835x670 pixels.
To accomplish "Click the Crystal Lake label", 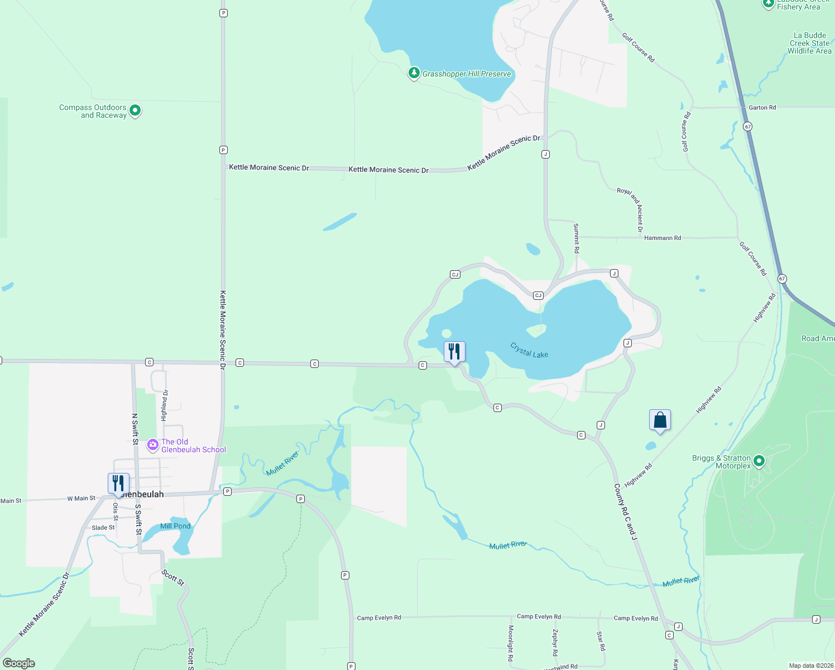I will [529, 351].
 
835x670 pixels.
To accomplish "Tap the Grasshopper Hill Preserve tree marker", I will [414, 73].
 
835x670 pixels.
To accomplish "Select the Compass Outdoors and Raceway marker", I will [135, 111].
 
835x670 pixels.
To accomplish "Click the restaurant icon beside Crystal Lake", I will [454, 352].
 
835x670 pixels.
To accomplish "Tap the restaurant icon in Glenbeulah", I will [118, 483].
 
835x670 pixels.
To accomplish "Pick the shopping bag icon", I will [660, 420].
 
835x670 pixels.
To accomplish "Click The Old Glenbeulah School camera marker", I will [152, 445].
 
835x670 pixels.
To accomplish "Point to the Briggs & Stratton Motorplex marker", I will [759, 461].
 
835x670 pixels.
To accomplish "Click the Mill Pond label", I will [175, 526].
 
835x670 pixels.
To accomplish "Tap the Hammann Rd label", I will [663, 238].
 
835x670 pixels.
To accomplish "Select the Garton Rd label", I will [762, 107].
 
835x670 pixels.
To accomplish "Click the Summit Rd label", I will [577, 238].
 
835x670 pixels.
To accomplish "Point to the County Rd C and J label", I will [626, 511].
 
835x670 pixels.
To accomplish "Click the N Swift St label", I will [135, 429].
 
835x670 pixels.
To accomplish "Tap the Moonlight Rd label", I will [510, 643].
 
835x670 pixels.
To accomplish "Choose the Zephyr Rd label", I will [555, 642].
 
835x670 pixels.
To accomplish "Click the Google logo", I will [19, 663].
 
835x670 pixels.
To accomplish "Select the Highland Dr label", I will [164, 405].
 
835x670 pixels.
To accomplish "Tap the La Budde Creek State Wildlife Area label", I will [809, 43].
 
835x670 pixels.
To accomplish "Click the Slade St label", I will [103, 528].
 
